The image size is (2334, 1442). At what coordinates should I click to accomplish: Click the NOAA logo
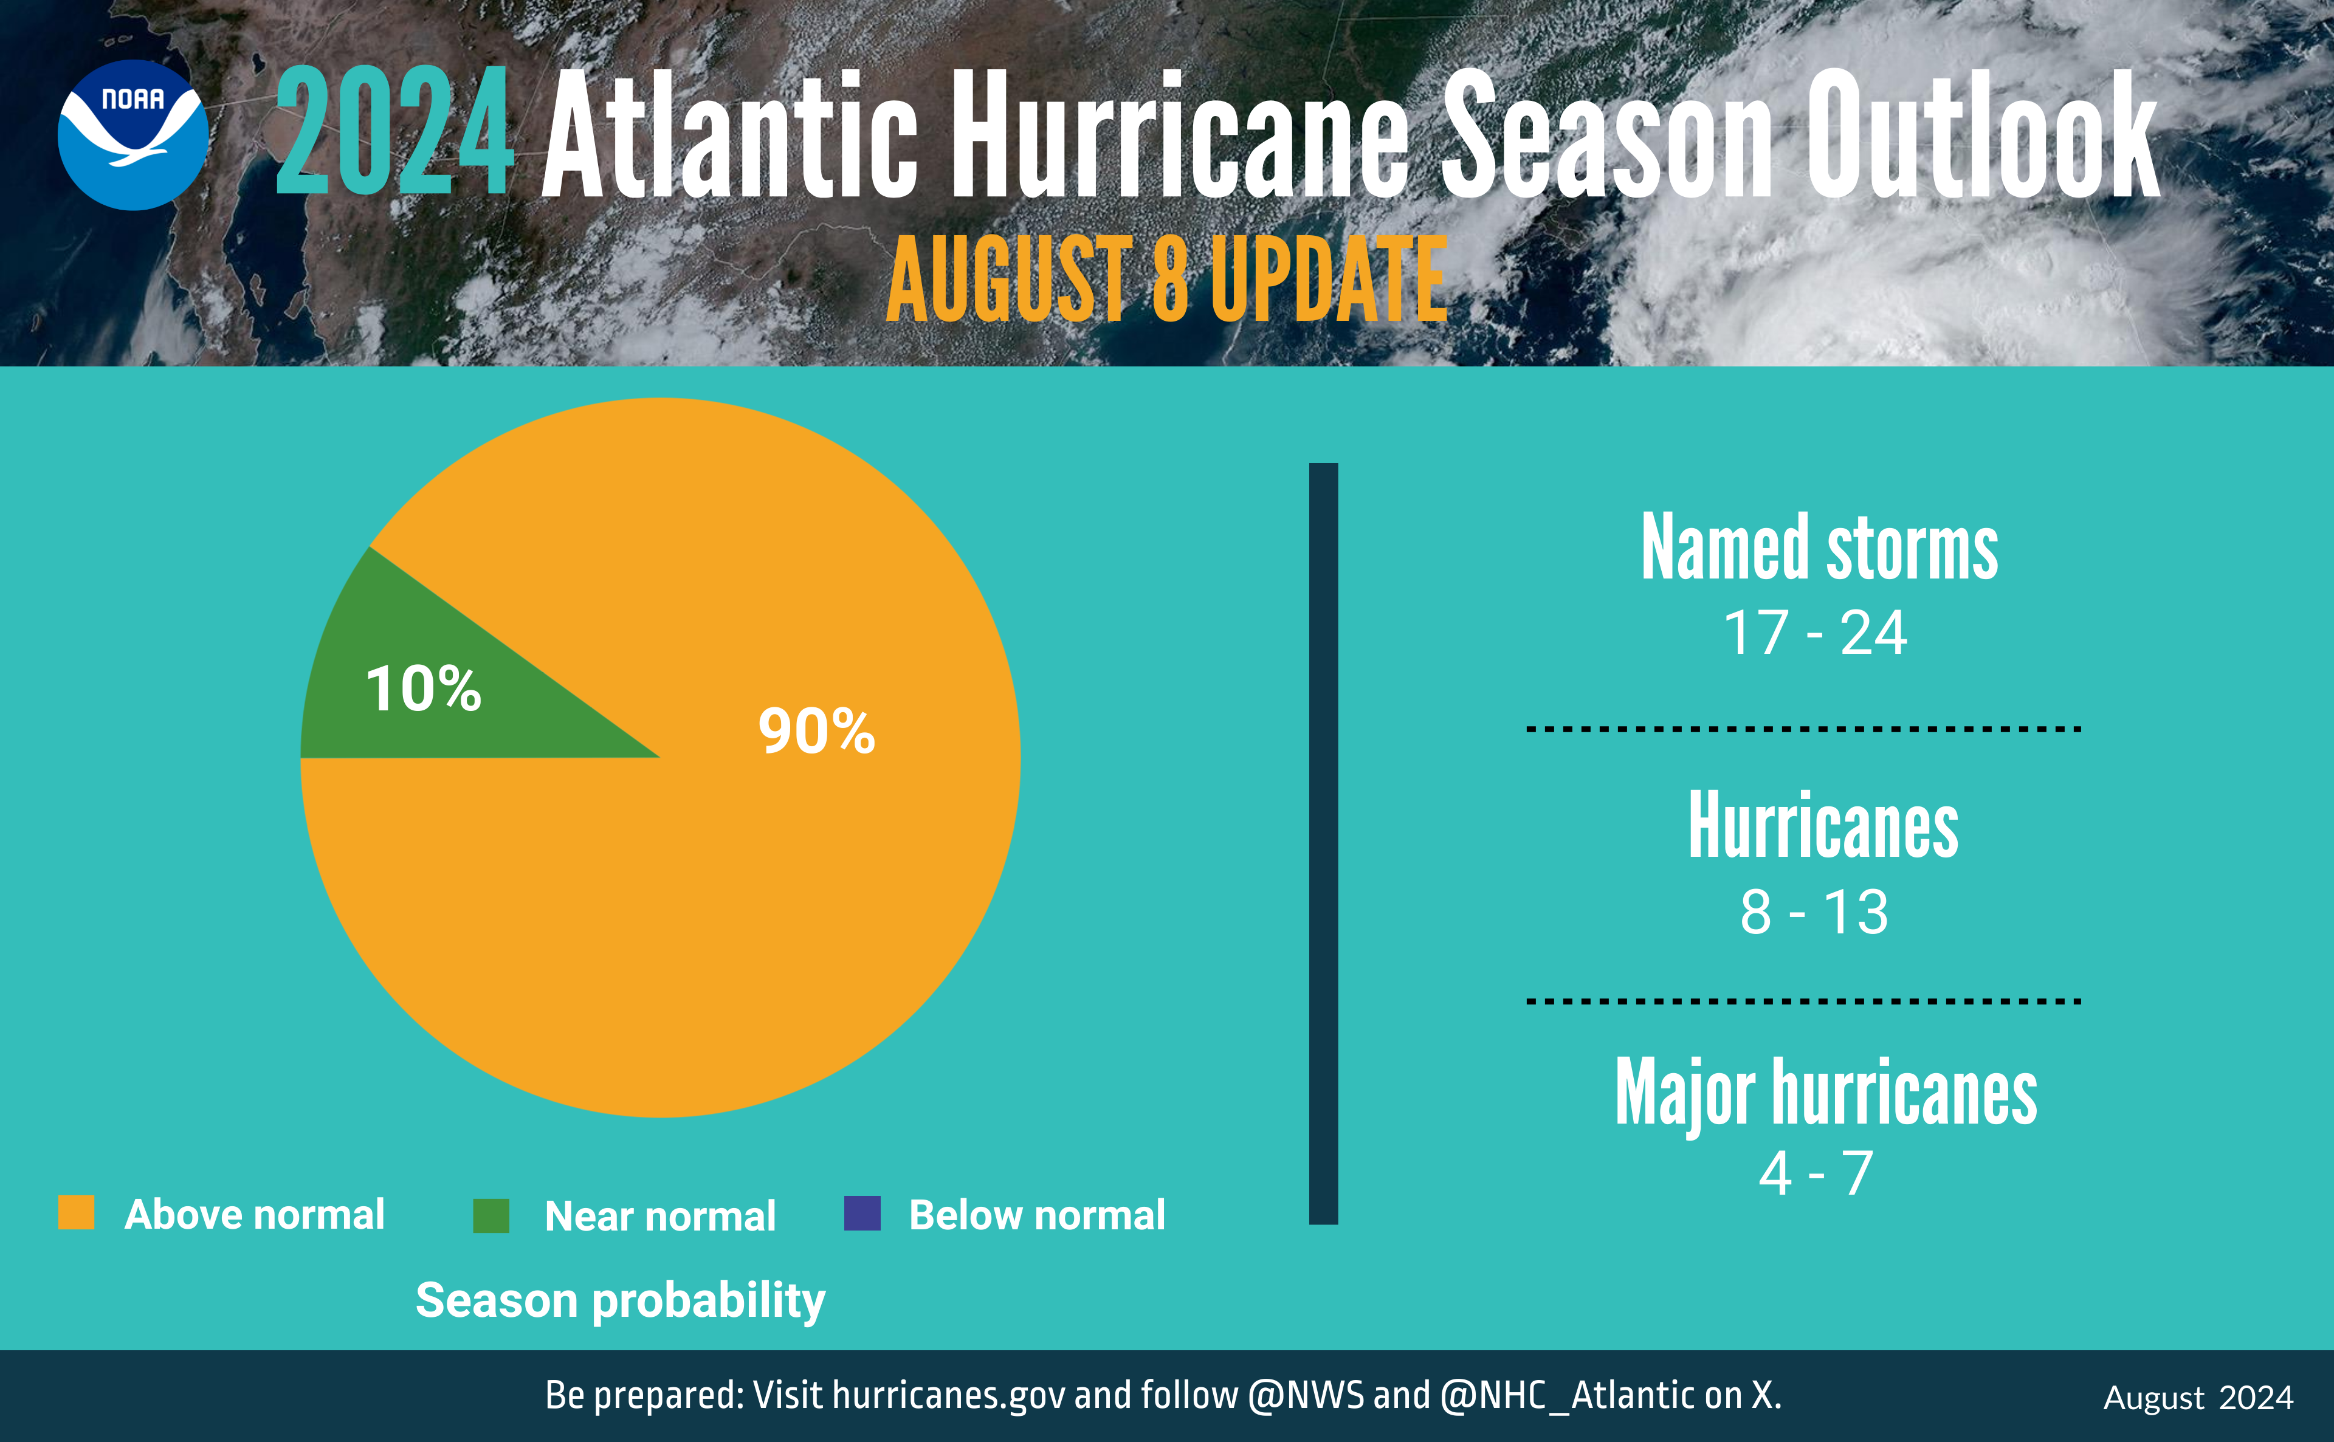133,134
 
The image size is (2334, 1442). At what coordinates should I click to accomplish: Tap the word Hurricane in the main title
1179,134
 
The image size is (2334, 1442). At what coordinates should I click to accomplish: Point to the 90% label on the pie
816,732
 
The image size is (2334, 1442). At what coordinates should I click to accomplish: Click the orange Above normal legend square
77,1213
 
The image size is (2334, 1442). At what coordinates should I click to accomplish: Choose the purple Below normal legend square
862,1213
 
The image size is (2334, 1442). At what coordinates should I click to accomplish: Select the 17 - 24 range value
1815,633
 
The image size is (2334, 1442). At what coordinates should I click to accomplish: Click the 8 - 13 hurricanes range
1814,912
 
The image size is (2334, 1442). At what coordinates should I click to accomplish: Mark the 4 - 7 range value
1816,1173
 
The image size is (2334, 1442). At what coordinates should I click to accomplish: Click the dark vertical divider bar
1323,844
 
